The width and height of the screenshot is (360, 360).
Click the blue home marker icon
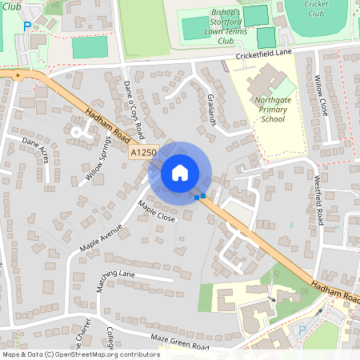[x=180, y=173]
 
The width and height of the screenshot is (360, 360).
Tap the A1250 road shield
[x=142, y=150]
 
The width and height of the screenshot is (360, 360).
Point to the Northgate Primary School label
[x=272, y=110]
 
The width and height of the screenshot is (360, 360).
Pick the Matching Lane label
[x=117, y=274]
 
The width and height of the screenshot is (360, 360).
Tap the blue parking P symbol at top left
[x=26, y=26]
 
